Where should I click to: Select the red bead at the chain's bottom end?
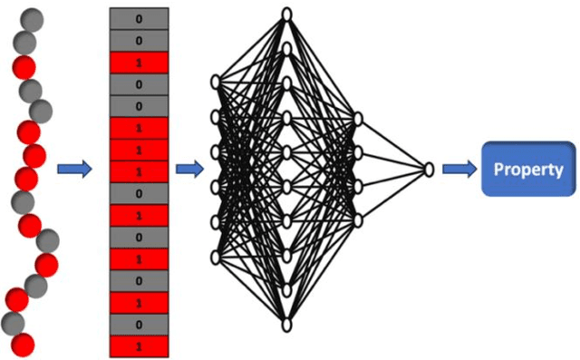pyautogui.click(x=23, y=345)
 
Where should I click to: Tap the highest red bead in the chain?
pyautogui.click(x=24, y=65)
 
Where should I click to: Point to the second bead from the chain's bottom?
pyautogui.click(x=13, y=323)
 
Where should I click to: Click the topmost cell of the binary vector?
pyautogui.click(x=139, y=18)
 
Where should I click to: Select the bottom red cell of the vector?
pyautogui.click(x=139, y=346)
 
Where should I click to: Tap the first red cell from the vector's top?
pyautogui.click(x=139, y=63)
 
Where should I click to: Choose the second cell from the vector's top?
pyautogui.click(x=139, y=41)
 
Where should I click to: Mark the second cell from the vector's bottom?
pyautogui.click(x=139, y=325)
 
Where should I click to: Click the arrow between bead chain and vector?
pyautogui.click(x=74, y=170)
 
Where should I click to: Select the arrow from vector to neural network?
pyautogui.click(x=188, y=170)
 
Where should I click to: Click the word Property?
pyautogui.click(x=528, y=170)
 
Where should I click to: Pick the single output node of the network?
pyautogui.click(x=429, y=170)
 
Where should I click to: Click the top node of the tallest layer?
pyautogui.click(x=286, y=13)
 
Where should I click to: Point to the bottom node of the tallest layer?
pyautogui.click(x=286, y=325)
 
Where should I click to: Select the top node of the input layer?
pyautogui.click(x=216, y=83)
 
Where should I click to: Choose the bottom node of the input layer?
pyautogui.click(x=216, y=258)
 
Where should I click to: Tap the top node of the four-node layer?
pyautogui.click(x=358, y=118)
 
